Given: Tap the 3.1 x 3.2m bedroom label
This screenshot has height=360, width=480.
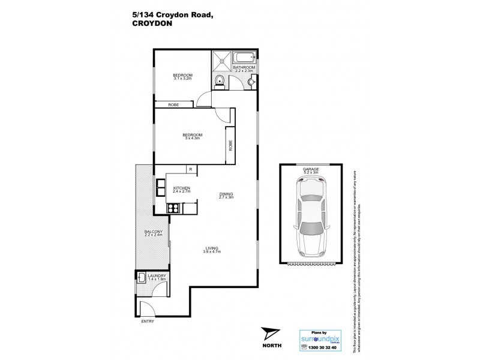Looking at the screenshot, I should tap(182, 76).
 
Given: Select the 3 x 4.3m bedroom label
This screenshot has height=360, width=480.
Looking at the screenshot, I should tap(192, 136).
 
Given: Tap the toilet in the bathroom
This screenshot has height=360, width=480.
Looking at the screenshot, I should tap(219, 82).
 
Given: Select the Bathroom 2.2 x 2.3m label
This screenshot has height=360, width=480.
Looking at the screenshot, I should tap(244, 70).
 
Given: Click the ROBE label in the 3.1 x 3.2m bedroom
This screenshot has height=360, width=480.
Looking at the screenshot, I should tap(174, 104).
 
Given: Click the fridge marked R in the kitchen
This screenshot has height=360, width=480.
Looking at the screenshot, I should tap(190, 169).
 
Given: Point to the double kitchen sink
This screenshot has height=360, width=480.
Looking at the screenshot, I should tap(162, 188).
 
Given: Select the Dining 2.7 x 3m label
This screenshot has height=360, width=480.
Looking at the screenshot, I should tap(226, 195).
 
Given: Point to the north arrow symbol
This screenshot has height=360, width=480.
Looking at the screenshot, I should tap(271, 332).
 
